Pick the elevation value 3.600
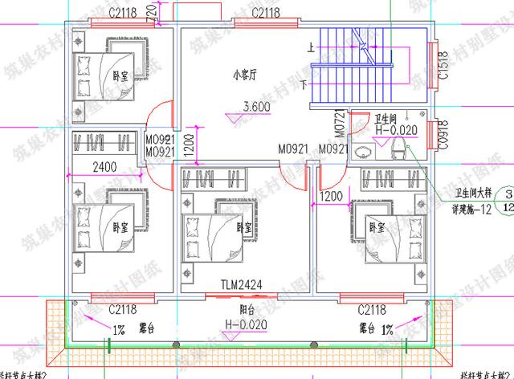tap(256, 107)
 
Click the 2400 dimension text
tap(105, 168)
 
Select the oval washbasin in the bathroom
tap(366, 149)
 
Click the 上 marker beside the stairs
tap(311, 48)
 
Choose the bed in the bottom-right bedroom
tap(385, 234)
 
